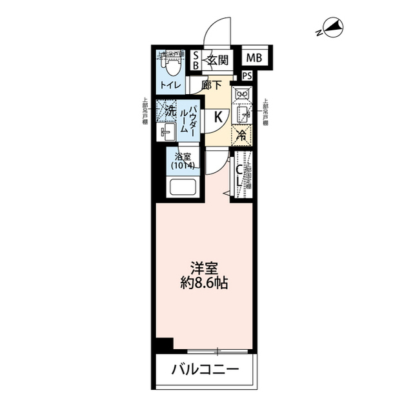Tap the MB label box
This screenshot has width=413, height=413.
coord(254,59)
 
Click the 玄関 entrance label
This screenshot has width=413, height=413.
coord(217,61)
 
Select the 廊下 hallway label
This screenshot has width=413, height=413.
coord(212,85)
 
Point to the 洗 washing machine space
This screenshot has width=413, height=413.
coord(168,110)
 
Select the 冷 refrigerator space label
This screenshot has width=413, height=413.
coord(241,135)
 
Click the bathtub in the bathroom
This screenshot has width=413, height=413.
coord(183,188)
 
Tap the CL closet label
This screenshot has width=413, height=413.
coord(238,176)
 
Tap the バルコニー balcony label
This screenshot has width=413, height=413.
coord(205,371)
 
